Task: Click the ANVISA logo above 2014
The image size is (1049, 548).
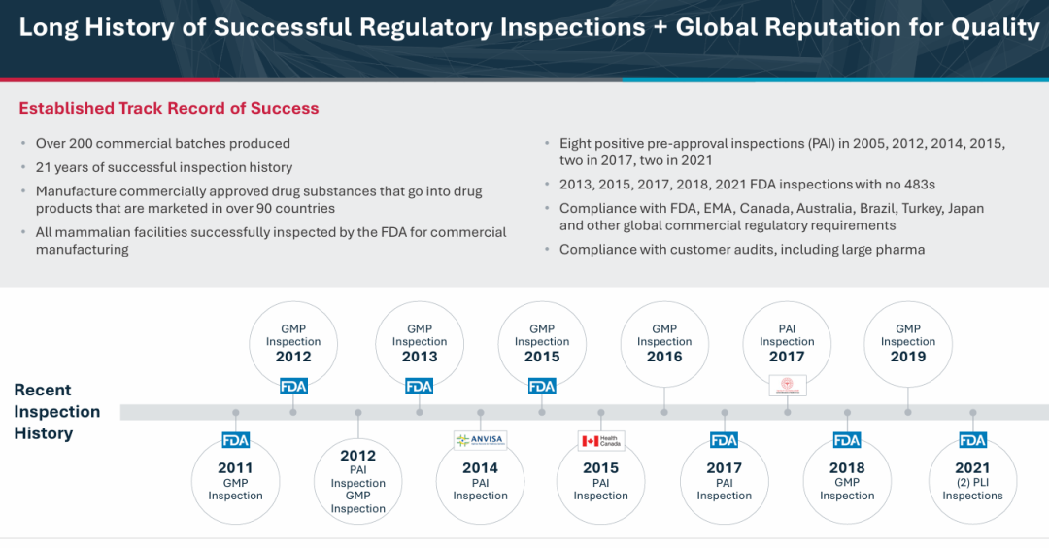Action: click(x=480, y=440)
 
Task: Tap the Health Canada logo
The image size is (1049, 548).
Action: click(x=601, y=440)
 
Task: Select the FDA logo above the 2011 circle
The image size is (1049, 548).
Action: click(x=235, y=440)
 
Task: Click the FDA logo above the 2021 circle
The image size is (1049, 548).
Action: click(x=972, y=440)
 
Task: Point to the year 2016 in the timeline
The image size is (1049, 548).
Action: click(x=664, y=357)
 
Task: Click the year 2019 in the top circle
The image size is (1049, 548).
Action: click(x=908, y=357)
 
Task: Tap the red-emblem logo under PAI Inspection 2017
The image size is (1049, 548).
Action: click(x=787, y=386)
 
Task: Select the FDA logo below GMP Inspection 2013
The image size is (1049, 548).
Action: click(x=419, y=386)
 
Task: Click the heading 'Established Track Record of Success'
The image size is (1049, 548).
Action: click(x=169, y=109)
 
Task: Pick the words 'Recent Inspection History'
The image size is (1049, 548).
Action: click(x=56, y=411)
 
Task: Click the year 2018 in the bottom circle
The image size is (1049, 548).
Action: click(x=847, y=467)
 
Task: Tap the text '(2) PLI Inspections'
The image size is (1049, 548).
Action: click(x=972, y=489)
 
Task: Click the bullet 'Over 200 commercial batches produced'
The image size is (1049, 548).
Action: click(x=162, y=143)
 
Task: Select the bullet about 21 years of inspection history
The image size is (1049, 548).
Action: click(x=163, y=167)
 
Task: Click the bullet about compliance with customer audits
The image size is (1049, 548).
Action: click(x=742, y=250)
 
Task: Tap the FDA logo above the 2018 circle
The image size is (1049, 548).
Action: click(x=847, y=440)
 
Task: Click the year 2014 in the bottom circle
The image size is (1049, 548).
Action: click(x=480, y=467)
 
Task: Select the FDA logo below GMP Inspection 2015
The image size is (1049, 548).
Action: click(x=542, y=386)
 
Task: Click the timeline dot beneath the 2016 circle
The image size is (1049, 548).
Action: click(x=664, y=412)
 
